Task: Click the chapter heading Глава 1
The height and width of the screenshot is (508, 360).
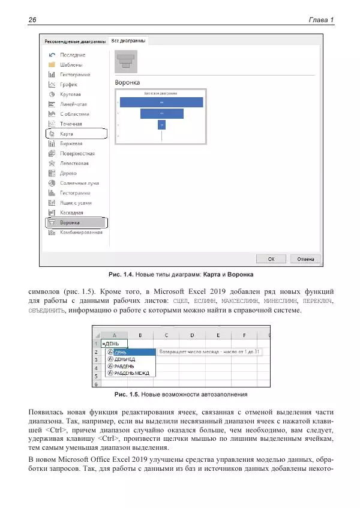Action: (x=320, y=20)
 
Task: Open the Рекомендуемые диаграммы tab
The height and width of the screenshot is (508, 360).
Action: (x=73, y=41)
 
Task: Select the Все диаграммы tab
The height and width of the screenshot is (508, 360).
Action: (x=128, y=41)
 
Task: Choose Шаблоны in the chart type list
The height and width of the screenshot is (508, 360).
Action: (x=71, y=65)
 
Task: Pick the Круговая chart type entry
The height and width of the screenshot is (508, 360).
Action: (x=70, y=94)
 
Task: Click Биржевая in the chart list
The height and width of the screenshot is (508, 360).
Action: (x=71, y=143)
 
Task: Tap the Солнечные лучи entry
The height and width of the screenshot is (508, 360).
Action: (x=78, y=183)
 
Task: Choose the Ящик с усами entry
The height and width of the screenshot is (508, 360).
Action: (x=76, y=203)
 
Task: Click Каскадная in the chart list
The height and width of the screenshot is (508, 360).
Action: (x=71, y=212)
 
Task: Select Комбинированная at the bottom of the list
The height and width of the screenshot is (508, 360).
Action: (x=80, y=232)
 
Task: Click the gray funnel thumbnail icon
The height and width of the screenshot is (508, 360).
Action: (x=126, y=61)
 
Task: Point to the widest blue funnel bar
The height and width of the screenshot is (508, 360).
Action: (x=161, y=103)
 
